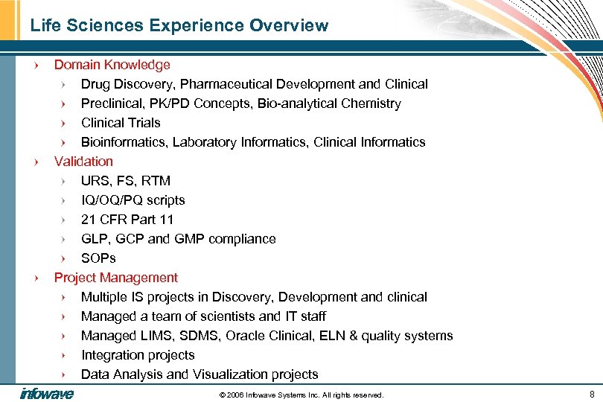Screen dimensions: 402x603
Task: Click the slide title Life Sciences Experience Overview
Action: [x=179, y=25]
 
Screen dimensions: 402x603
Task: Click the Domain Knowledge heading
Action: [x=112, y=65]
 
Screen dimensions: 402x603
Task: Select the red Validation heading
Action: [x=83, y=162]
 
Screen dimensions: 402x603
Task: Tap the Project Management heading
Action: [x=115, y=278]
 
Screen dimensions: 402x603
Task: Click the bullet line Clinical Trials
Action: [x=121, y=123]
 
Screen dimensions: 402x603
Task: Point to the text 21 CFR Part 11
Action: [x=127, y=220]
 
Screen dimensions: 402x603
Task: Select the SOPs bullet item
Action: [x=98, y=258]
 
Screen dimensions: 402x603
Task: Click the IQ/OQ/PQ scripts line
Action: [x=133, y=200]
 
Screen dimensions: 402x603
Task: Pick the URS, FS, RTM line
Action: [x=125, y=181]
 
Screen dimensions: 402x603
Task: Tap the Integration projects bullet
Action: [x=138, y=355]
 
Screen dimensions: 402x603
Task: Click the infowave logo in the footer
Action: [x=46, y=394]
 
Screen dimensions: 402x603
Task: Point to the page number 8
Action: [x=592, y=394]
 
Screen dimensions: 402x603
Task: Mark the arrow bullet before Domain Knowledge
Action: [x=36, y=66]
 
